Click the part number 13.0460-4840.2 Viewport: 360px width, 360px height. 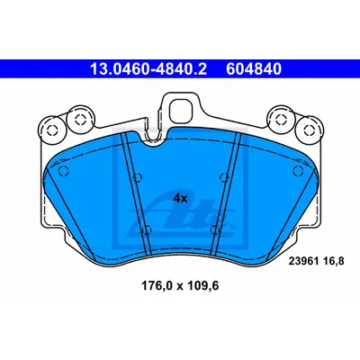148,69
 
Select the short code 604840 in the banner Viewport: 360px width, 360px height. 254,69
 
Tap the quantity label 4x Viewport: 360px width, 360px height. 181,198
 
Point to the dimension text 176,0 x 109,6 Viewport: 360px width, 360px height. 180,286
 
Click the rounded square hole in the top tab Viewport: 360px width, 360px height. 181,110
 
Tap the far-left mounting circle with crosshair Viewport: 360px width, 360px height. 51,130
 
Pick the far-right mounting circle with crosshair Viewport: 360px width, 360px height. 309,130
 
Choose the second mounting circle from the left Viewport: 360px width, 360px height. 79,120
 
